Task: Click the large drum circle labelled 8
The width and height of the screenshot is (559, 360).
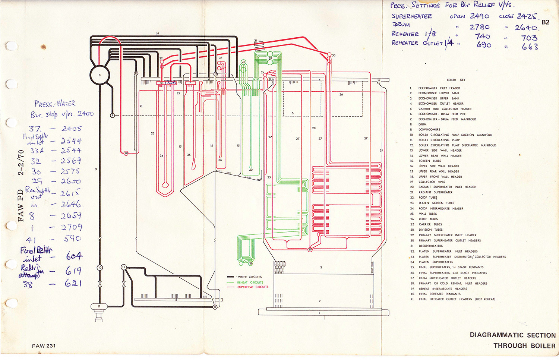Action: [100, 75]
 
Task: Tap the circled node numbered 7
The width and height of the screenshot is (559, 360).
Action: [112, 116]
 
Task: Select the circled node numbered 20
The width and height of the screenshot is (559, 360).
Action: [126, 153]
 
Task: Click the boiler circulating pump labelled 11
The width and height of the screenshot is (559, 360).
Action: [99, 306]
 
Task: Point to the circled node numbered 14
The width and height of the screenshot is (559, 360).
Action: [215, 307]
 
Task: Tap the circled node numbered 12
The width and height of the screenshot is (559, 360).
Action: [124, 267]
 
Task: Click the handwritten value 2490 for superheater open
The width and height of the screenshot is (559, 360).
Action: [479, 16]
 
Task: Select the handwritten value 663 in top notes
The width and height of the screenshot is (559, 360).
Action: [530, 47]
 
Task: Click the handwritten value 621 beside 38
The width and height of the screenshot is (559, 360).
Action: [73, 283]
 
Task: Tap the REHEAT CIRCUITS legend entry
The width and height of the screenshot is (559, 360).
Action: [250, 282]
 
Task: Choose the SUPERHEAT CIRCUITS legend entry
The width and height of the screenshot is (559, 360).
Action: [253, 287]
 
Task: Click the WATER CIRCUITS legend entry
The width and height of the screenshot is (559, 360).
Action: [249, 277]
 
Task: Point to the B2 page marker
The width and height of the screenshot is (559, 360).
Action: [545, 22]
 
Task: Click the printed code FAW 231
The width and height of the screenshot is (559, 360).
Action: [44, 346]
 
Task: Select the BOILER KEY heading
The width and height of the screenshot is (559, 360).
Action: [456, 80]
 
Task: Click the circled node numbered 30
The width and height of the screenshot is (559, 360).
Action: [329, 55]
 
